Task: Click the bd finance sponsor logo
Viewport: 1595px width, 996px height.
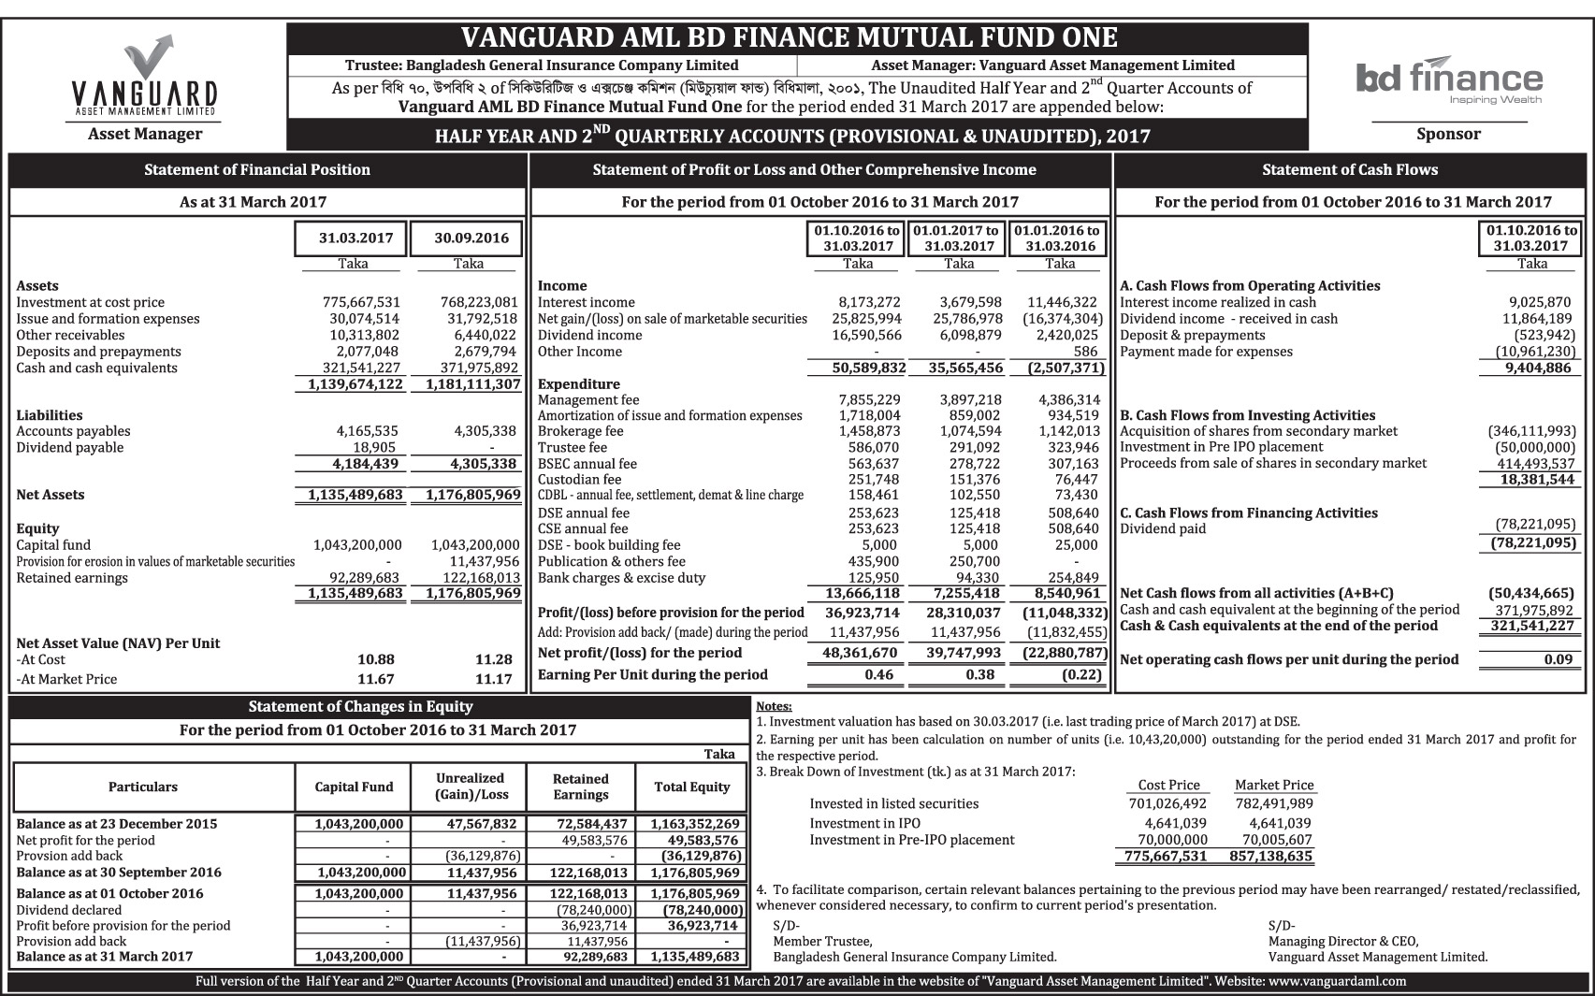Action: coord(1448,79)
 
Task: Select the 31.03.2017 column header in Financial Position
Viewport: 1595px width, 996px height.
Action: coord(353,238)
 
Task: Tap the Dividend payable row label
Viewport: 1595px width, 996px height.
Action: coord(70,447)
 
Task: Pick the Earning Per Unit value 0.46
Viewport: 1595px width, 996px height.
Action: coord(879,674)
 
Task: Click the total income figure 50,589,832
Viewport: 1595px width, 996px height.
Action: coord(869,368)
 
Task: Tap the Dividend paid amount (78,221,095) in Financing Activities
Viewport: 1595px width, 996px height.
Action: coord(1531,525)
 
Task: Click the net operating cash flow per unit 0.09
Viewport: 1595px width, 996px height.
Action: coord(1559,659)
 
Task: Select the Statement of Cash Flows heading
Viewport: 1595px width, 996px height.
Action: coord(1350,169)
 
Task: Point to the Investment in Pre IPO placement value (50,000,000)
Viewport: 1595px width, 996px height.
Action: coord(1531,447)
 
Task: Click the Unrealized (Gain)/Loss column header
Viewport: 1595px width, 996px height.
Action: coord(470,787)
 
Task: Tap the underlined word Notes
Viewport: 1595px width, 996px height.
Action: coord(773,706)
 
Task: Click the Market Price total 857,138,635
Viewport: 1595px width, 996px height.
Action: coord(1273,856)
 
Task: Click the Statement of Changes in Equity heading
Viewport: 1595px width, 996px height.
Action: coord(360,706)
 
